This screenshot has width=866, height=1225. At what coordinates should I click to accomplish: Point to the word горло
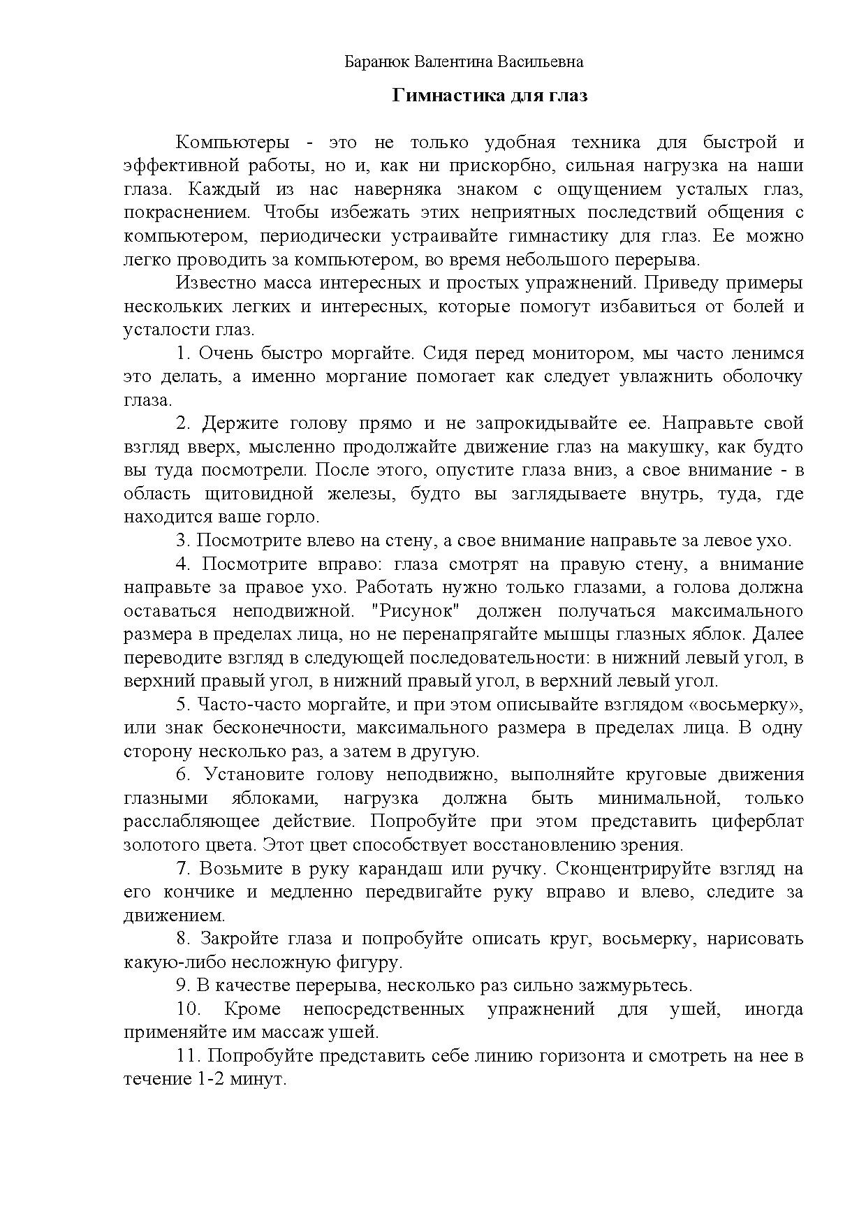click(298, 518)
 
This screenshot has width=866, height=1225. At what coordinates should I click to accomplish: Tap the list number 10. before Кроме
click(189, 1010)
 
